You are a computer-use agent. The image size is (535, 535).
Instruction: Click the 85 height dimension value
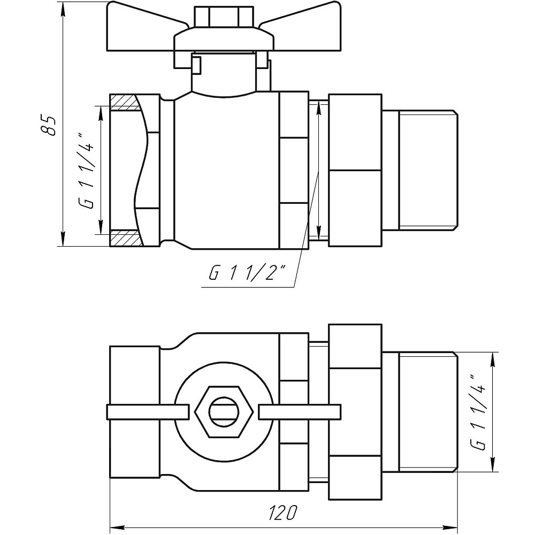point(49,124)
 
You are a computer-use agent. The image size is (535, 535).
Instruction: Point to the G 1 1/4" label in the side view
point(89,170)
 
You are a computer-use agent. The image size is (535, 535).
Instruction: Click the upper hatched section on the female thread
point(126,102)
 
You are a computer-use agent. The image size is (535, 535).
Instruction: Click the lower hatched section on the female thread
point(126,239)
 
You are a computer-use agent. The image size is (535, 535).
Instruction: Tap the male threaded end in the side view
point(428,170)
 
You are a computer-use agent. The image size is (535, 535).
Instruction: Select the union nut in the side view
point(355,170)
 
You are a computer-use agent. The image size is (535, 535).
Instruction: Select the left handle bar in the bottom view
point(148,411)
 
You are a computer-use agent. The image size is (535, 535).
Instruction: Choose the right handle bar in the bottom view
point(300,411)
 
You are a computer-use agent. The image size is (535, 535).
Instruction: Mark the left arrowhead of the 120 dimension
point(116,527)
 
